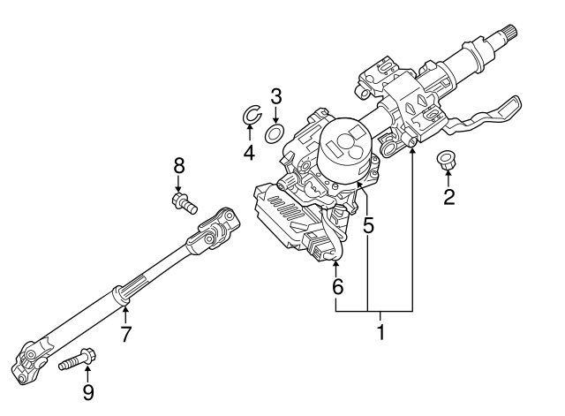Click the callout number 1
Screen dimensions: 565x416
point(380,332)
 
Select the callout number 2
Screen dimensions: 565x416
point(449,197)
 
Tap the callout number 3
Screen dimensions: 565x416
point(275,96)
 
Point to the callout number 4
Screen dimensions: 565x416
point(249,152)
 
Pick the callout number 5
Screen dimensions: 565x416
point(368,225)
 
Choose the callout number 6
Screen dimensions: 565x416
point(337,287)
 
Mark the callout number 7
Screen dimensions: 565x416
point(125,334)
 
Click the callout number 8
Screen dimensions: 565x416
point(179,166)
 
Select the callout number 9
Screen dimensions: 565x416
point(88,392)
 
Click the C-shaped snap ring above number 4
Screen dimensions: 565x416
point(245,115)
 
